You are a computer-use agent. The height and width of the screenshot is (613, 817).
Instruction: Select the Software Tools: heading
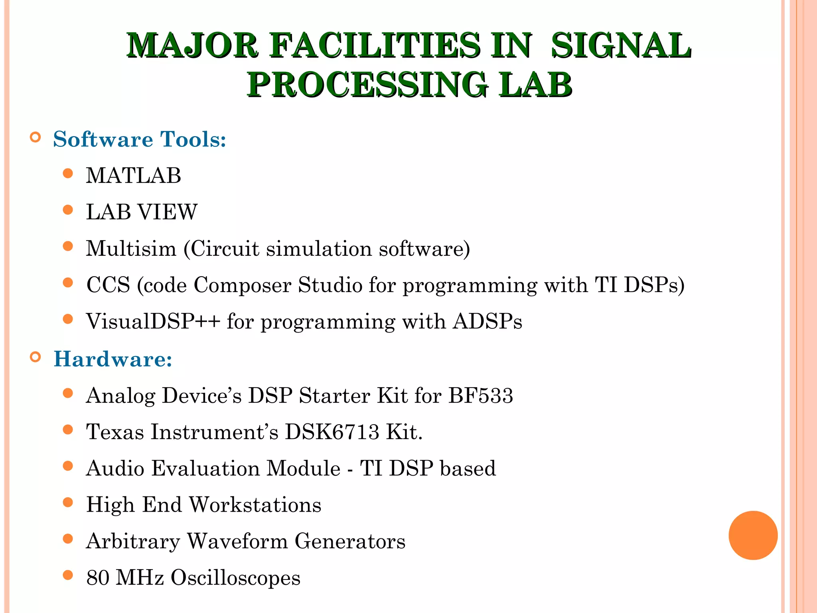[140, 139]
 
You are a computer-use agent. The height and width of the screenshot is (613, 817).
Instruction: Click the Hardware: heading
[113, 359]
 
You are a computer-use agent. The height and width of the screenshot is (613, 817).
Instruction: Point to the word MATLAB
[134, 176]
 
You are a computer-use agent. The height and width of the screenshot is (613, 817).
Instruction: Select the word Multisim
[131, 249]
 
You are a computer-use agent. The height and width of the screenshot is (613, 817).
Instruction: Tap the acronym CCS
[108, 285]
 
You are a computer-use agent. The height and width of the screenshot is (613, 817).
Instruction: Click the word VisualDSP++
[153, 321]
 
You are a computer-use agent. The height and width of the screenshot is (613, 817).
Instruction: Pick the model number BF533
[480, 395]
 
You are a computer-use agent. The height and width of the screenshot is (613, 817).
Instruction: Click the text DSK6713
[332, 432]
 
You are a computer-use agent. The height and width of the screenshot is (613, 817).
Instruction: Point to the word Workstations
[255, 505]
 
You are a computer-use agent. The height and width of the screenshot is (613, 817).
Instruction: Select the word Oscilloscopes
[235, 578]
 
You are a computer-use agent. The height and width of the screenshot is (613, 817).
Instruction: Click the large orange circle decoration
[753, 535]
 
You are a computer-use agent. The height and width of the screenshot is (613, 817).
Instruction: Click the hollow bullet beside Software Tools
[36, 137]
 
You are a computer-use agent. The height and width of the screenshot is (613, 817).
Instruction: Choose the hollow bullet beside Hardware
[36, 357]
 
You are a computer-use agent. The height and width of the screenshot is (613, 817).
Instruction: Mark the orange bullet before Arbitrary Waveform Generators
[68, 539]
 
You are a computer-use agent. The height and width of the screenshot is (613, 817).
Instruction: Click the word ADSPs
[487, 321]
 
